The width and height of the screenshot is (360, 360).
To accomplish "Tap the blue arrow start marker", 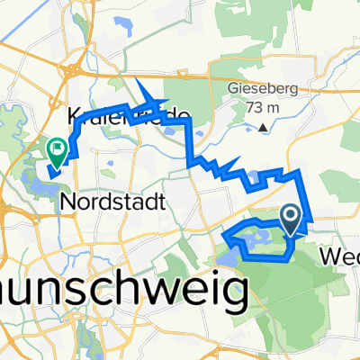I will [292, 217].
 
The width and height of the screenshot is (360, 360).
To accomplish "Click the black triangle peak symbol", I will [263, 128].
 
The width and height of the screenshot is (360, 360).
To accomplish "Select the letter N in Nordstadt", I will [67, 202].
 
